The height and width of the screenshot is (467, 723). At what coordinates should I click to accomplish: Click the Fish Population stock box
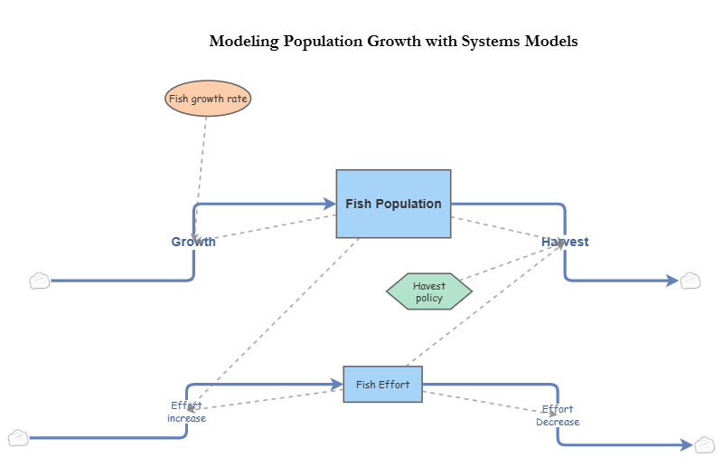(393, 204)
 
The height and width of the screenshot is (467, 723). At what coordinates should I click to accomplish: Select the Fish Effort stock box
(382, 385)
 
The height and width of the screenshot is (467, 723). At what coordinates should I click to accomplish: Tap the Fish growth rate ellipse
(208, 98)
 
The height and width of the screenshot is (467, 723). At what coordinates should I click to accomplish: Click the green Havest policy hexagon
(429, 291)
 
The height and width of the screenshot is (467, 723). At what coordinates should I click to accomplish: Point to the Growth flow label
(193, 242)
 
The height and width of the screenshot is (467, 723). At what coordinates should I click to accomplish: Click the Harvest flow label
(565, 242)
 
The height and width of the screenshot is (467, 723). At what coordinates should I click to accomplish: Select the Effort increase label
(186, 412)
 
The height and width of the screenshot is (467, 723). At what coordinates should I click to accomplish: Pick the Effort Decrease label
(558, 415)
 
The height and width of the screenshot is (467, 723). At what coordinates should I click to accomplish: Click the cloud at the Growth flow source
(40, 281)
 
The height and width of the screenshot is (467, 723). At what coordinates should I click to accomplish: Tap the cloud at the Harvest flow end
(690, 281)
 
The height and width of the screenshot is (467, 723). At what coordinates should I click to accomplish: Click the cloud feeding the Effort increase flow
(18, 439)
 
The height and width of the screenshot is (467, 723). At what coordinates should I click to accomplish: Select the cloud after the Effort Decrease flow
(705, 444)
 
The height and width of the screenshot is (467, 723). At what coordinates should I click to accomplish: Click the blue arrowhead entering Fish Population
(329, 204)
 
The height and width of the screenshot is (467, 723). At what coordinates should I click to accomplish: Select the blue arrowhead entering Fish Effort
(336, 385)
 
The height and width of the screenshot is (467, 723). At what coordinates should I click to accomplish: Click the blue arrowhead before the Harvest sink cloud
(671, 281)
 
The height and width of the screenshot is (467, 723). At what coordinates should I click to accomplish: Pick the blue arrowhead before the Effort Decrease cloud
(686, 444)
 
